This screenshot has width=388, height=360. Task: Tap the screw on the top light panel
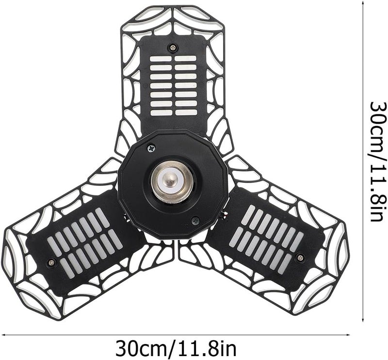[x=172, y=47]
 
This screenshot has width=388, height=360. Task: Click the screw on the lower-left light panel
[x=51, y=262]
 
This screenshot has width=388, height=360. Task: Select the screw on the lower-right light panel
[x=300, y=257]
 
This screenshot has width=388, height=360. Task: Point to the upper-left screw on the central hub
[x=151, y=149]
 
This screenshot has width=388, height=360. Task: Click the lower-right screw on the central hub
[x=196, y=219]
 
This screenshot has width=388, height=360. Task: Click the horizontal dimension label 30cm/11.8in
[x=176, y=347]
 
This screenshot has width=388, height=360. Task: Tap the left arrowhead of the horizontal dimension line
[x=3, y=335]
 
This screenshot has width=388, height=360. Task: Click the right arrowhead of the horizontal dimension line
[x=348, y=335]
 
